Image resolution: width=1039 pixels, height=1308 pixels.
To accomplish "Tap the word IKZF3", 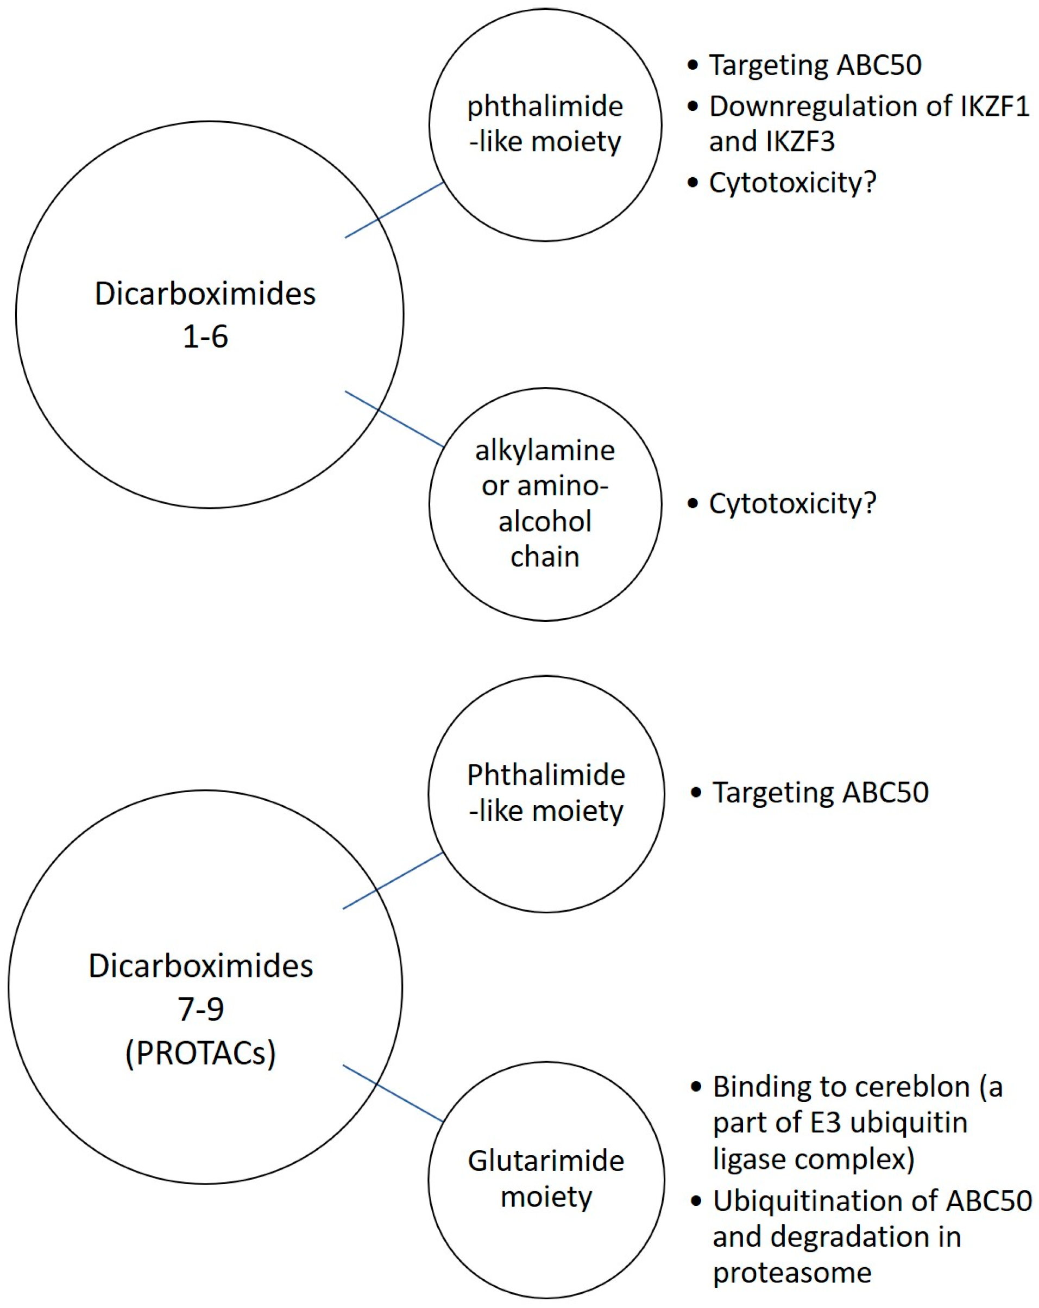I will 801,142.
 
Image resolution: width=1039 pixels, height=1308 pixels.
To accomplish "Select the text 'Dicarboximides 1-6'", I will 205,314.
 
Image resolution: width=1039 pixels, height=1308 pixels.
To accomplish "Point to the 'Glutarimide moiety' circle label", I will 545,1178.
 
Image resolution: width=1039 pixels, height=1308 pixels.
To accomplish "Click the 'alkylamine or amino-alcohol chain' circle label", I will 545,503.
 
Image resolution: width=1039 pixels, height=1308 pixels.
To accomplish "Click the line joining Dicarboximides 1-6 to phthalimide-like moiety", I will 394,210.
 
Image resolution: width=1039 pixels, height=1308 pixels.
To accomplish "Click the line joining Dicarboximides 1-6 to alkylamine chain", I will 394,419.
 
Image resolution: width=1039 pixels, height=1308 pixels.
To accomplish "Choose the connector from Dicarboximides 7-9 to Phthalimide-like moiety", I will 393,881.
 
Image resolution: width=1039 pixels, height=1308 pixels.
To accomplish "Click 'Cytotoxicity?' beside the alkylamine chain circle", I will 792,503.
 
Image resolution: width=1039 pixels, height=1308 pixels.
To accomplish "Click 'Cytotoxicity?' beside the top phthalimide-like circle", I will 792,183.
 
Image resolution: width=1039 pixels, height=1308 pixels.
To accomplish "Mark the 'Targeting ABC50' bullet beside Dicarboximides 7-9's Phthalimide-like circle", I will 820,792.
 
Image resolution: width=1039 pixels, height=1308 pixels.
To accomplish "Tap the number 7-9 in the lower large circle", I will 200,1009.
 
